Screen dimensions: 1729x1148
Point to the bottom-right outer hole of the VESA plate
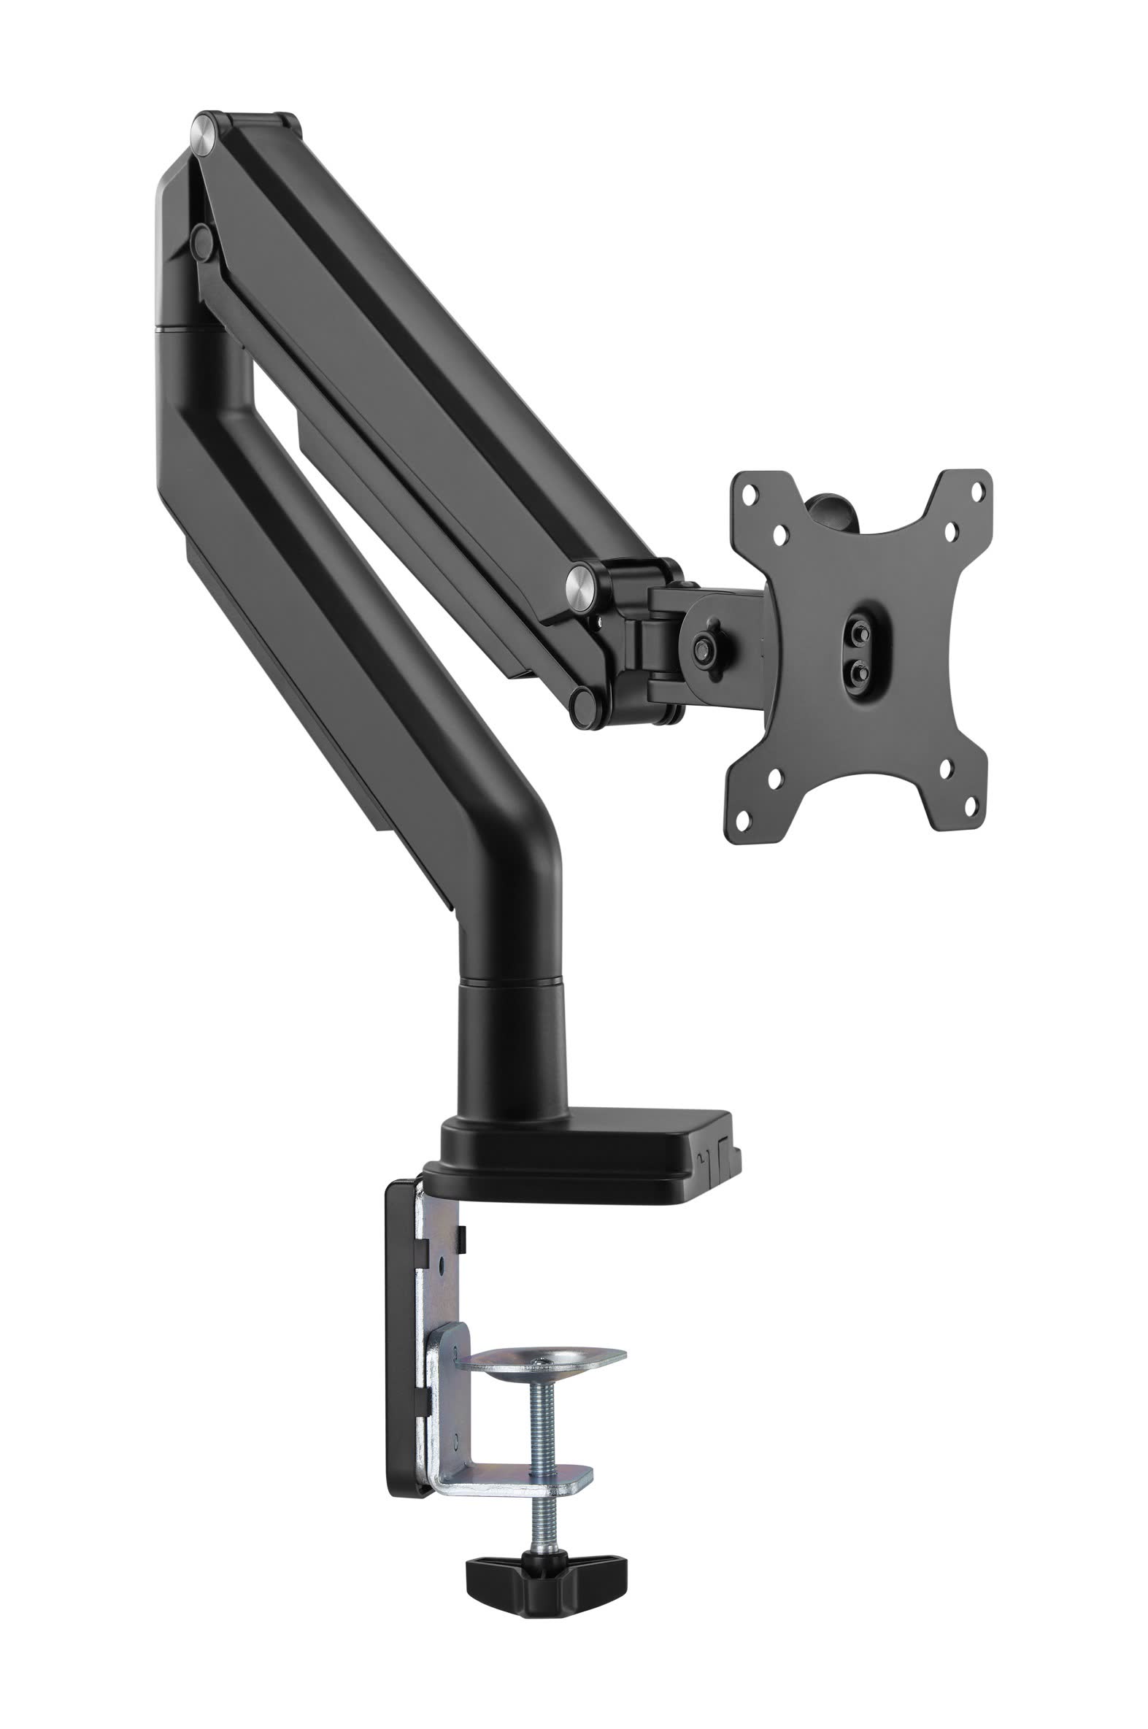(x=971, y=806)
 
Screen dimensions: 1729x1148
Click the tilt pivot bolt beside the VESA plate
(x=705, y=646)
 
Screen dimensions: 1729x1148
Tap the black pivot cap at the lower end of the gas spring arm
(x=586, y=706)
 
